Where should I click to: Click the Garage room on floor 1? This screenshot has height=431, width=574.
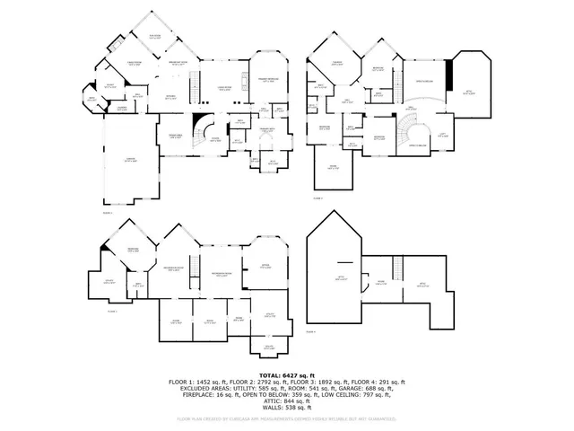pos(131,162)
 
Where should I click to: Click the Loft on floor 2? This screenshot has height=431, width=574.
pos(442,135)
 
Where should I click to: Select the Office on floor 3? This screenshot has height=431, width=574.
pos(265,266)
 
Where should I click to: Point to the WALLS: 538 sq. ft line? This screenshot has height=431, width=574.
pos(286,406)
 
